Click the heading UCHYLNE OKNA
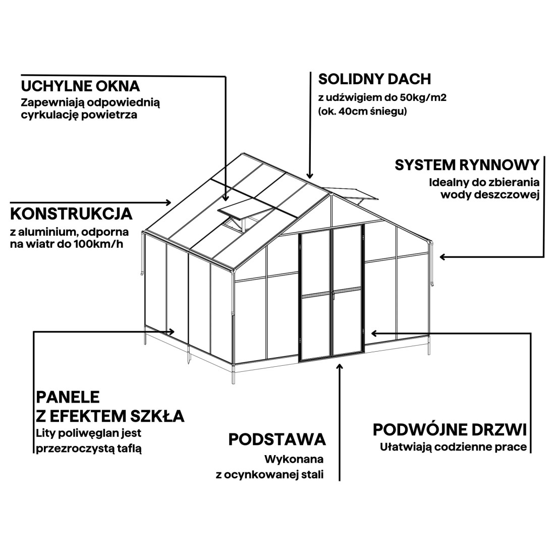pyautogui.click(x=80, y=86)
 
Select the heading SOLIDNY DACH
pyautogui.click(x=374, y=79)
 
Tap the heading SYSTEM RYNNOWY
pyautogui.click(x=467, y=165)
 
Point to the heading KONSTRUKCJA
pyautogui.click(x=72, y=214)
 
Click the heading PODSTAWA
pyautogui.click(x=277, y=439)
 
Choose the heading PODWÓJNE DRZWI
pyautogui.click(x=450, y=430)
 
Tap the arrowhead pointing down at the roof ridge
pyautogui.click(x=310, y=175)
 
